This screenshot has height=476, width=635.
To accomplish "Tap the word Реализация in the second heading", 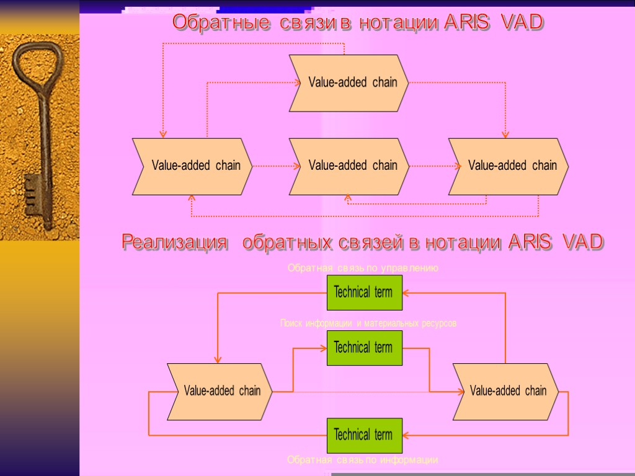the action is point(174,242).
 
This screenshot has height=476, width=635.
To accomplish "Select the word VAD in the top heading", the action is point(523,23).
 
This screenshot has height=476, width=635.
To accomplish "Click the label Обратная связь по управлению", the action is point(363,268).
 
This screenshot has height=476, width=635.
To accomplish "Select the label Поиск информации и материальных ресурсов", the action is point(368,324).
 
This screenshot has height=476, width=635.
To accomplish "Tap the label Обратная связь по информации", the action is point(363,460).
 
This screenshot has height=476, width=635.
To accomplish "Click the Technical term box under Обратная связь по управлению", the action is point(365,293).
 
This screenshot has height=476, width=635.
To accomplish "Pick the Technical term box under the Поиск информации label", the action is point(365,348).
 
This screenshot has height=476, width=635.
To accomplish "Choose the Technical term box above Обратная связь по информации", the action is point(365,435).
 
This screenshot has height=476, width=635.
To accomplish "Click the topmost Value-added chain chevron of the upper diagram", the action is point(349,83).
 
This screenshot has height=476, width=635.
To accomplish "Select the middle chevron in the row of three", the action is point(349,166).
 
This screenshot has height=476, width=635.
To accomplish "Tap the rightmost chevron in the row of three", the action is point(508,166).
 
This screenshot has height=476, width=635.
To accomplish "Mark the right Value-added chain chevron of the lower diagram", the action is point(505,391).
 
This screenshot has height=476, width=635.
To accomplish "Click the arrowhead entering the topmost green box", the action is point(406,293).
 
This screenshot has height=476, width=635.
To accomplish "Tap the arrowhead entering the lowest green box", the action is point(406,435).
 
